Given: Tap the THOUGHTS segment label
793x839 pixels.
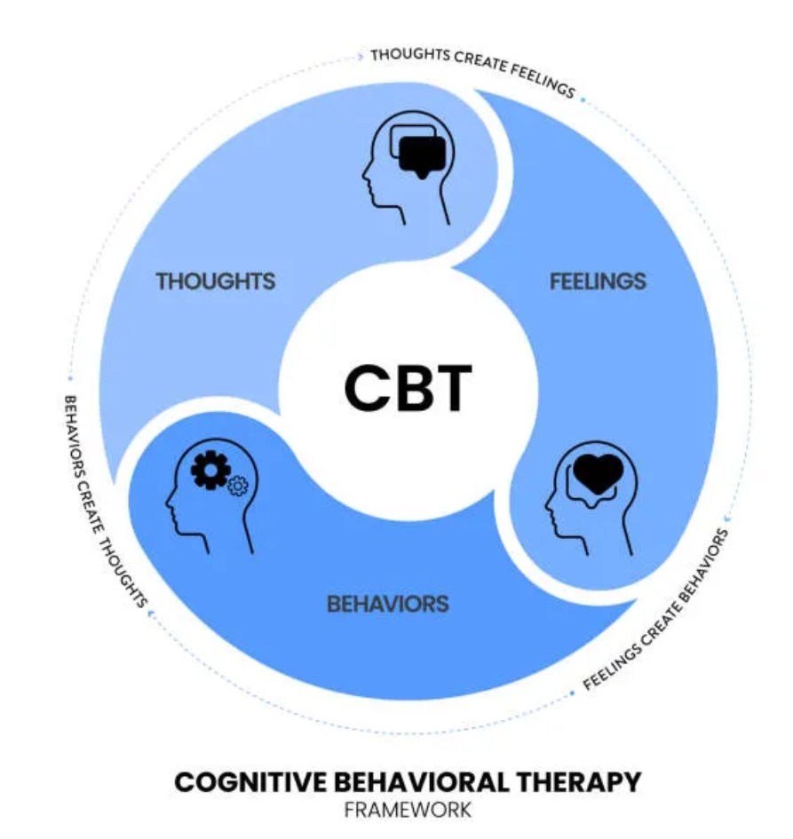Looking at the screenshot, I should [216, 281].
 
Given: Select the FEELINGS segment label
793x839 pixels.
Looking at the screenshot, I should [598, 281].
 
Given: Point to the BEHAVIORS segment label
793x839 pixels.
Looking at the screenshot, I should [388, 605].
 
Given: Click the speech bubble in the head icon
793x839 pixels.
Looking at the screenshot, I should [420, 155].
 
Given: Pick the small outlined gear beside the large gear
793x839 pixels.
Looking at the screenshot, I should [236, 486].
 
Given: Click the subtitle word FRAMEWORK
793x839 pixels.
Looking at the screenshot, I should [408, 810].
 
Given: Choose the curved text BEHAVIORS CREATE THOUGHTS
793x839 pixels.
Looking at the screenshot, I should [104, 497].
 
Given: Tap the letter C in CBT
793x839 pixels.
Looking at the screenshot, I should [364, 388].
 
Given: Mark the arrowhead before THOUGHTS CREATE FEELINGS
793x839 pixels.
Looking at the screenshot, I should [360, 55].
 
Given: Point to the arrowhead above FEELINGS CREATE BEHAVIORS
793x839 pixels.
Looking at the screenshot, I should [728, 515].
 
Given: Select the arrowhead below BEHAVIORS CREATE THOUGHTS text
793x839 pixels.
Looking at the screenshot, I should [150, 612].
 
